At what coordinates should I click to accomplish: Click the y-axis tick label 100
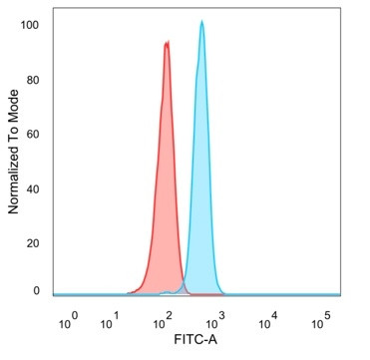point(34,25)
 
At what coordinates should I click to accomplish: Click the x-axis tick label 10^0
point(69,321)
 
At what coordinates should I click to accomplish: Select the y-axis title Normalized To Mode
point(13,152)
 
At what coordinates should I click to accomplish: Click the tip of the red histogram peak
point(167,41)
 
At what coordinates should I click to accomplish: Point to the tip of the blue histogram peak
point(201,21)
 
